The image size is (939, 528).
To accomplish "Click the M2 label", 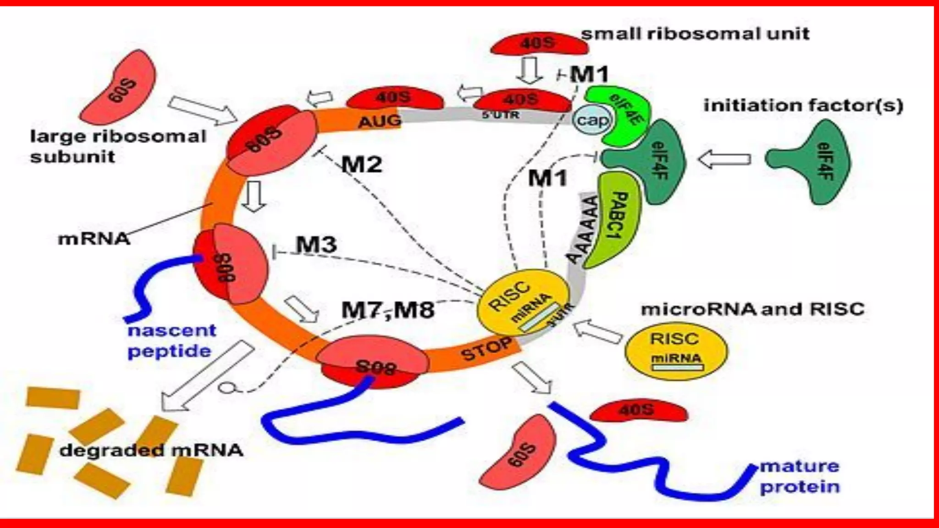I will coord(362,164).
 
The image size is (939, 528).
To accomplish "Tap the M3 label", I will coord(316,244).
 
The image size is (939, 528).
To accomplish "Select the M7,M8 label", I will coord(388,310).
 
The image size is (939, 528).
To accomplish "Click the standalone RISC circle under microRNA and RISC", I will coord(676,348).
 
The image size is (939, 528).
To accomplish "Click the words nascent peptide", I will coord(171,341).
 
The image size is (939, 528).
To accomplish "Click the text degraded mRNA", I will coord(151,450).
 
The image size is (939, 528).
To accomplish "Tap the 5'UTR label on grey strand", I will coord(501,115).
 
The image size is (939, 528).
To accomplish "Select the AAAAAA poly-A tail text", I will coord(584,229).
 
